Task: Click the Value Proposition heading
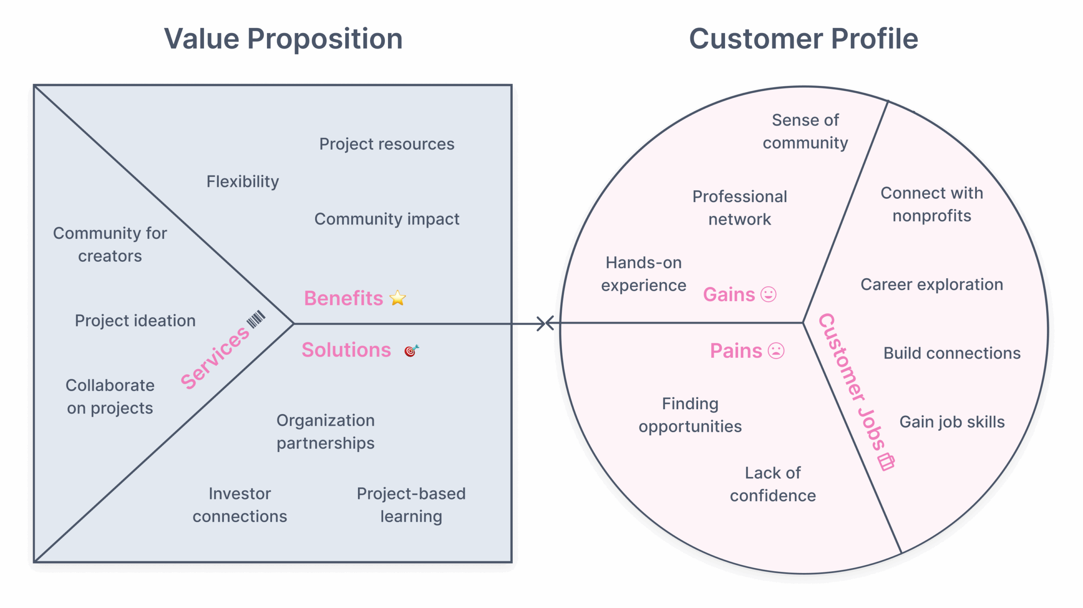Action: [283, 39]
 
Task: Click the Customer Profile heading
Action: [803, 39]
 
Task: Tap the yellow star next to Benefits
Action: [397, 298]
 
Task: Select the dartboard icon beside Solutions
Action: [411, 351]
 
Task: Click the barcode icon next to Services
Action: [256, 319]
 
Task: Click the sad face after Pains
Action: [775, 351]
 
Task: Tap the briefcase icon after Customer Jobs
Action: [886, 462]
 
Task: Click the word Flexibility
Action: [242, 181]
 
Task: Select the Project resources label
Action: [386, 144]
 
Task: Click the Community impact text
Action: [386, 219]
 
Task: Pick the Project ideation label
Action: [135, 320]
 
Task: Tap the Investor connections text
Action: [239, 505]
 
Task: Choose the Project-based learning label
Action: [411, 505]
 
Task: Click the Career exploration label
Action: [932, 285]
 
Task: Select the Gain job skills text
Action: [951, 422]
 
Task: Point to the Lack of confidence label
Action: [772, 484]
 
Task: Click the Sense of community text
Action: [805, 131]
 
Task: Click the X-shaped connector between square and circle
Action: [545, 323]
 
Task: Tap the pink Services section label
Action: [215, 357]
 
